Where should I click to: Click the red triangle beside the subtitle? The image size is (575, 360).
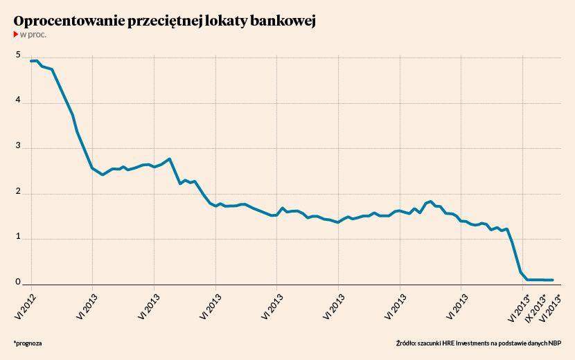click(16, 34)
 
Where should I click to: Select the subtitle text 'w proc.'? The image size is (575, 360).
click(33, 34)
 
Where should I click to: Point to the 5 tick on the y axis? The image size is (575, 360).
click(18, 56)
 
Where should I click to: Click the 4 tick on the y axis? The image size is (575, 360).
click(18, 102)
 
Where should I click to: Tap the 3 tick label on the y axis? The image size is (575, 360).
click(18, 147)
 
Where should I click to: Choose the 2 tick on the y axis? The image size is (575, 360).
click(18, 192)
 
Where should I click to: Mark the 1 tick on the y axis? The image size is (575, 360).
click(18, 237)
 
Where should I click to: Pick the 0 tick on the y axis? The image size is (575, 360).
click(18, 282)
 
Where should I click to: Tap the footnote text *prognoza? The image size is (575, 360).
click(27, 343)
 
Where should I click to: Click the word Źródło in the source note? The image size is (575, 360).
click(408, 343)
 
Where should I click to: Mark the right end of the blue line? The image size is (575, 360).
click(553, 280)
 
